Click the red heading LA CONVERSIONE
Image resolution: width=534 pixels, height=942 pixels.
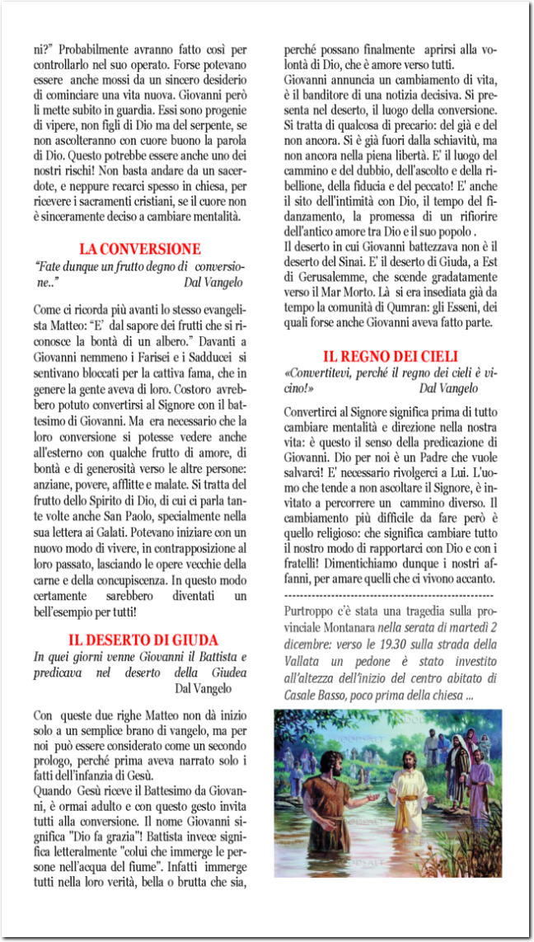[x=140, y=249]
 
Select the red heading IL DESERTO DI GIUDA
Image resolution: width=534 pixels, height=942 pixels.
[x=143, y=640]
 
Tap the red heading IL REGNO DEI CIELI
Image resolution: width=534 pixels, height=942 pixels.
[x=390, y=357]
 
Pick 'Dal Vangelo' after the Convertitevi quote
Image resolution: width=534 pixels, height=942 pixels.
[x=448, y=387]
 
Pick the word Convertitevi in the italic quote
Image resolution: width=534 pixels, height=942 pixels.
[x=318, y=373]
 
